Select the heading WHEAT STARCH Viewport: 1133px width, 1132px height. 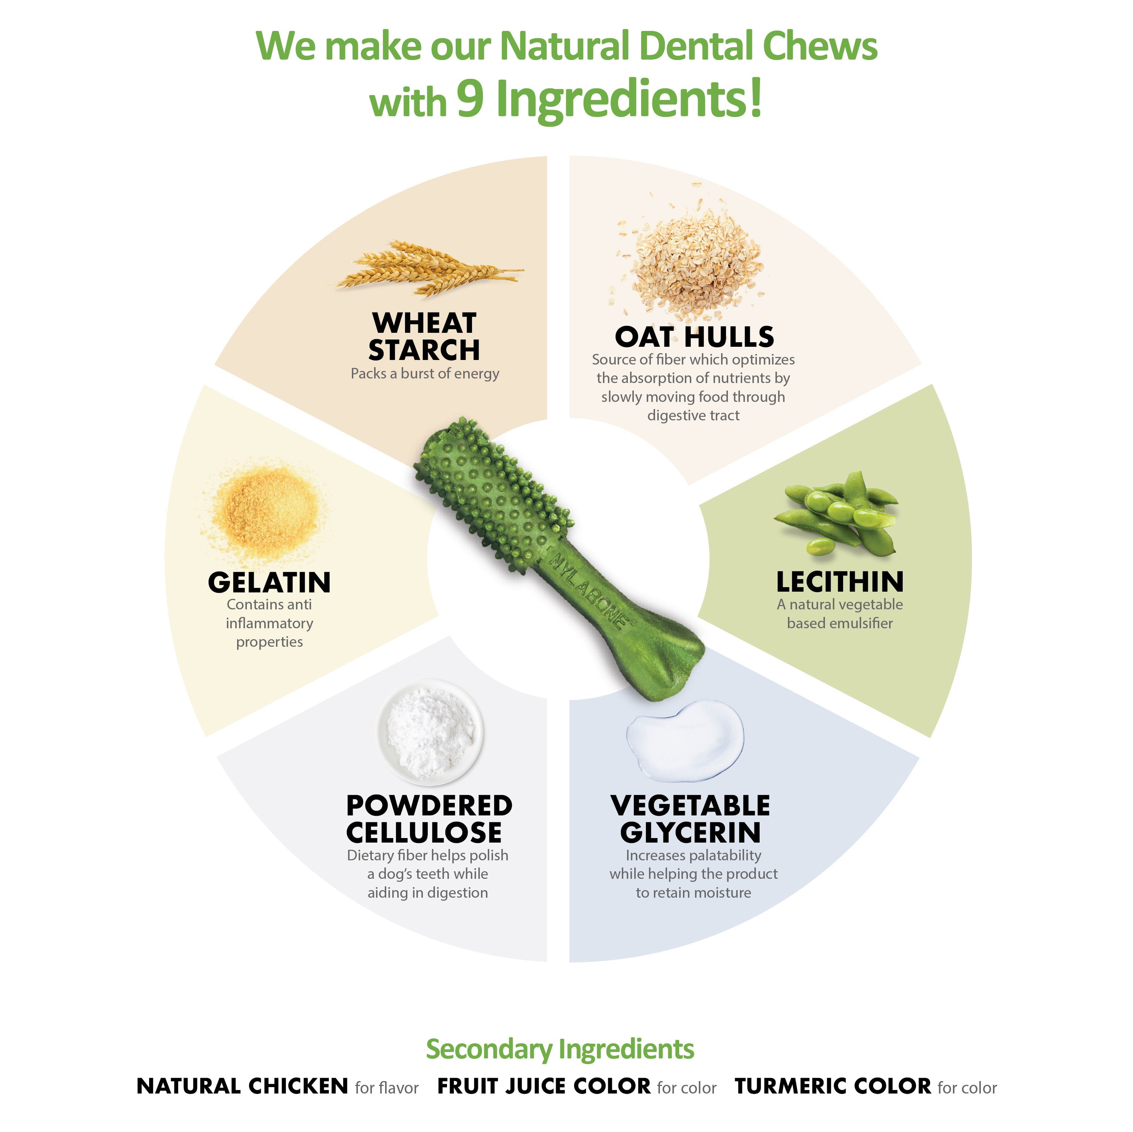coord(424,337)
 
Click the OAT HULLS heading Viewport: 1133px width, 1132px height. coord(694,337)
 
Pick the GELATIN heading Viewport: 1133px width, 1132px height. coord(269,583)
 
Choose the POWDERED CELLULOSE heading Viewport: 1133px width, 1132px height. coord(429,819)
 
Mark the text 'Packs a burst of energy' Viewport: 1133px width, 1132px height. coord(425,374)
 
